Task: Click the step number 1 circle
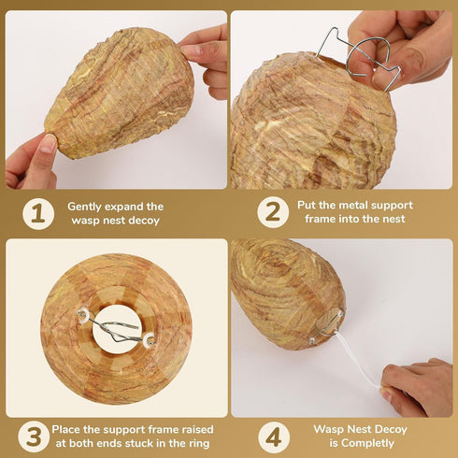pos(37,213)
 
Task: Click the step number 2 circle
pos(273,212)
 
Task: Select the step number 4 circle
pos(273,437)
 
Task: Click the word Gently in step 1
pos(87,207)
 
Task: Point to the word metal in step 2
pos(355,206)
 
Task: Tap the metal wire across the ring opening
pos(120,329)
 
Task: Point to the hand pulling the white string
pos(418,388)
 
